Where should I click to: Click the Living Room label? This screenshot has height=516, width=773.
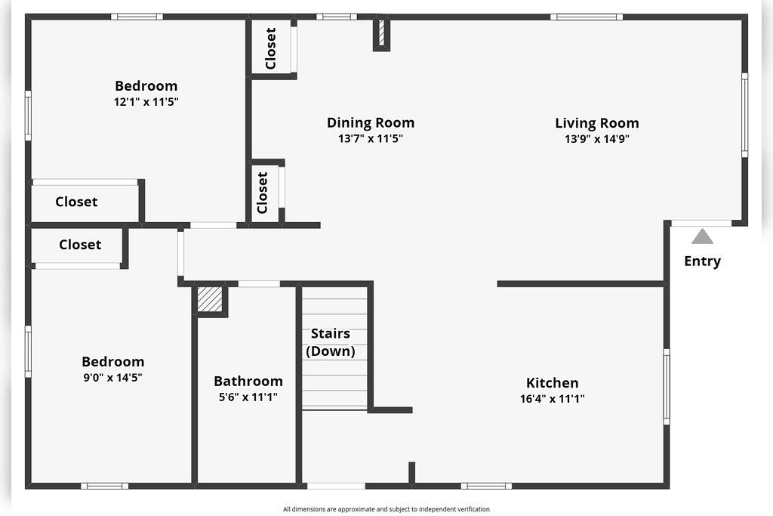tap(596, 123)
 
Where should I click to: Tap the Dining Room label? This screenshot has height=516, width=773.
tap(370, 122)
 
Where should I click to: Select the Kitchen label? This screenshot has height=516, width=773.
tap(552, 383)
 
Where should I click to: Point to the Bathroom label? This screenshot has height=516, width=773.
tap(248, 382)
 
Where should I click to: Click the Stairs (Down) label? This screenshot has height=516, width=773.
tap(331, 342)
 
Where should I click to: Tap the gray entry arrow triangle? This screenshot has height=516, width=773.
tap(702, 236)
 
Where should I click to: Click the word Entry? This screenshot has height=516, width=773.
tap(702, 261)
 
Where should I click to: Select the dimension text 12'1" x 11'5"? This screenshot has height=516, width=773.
tap(146, 101)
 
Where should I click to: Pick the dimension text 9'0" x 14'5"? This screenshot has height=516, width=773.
tap(112, 377)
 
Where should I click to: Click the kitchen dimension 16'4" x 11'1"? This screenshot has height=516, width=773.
tap(552, 399)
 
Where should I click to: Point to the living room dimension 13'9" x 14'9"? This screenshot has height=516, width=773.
tap(596, 139)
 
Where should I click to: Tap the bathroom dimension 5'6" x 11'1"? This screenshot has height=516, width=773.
tap(248, 397)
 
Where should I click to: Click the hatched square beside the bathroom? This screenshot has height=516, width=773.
tap(210, 299)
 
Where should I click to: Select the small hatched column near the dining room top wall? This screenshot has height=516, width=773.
tap(382, 33)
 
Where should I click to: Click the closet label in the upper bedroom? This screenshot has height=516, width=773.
tap(76, 202)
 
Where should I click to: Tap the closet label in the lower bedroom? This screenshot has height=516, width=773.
tap(80, 245)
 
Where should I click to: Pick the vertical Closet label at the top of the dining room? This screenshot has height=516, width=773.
tap(271, 48)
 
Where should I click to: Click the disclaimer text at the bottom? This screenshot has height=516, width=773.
tap(386, 509)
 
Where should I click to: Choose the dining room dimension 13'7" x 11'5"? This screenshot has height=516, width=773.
tap(370, 139)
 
